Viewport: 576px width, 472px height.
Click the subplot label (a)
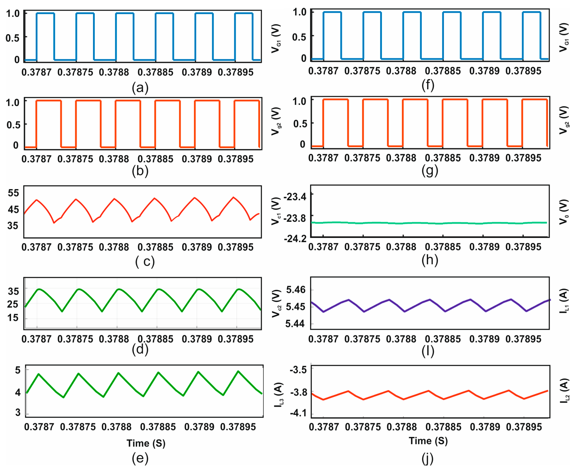140,88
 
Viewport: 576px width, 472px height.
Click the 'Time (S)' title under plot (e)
146,443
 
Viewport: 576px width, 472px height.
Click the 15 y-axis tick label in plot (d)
13,318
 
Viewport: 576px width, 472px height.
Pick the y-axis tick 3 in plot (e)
18,412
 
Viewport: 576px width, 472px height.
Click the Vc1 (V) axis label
276,211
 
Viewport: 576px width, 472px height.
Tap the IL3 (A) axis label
279,395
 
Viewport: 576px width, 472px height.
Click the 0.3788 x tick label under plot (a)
114,72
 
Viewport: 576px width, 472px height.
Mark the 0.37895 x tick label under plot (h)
523,247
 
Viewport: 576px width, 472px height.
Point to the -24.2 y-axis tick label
295,239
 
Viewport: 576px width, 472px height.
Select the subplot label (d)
140,349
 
